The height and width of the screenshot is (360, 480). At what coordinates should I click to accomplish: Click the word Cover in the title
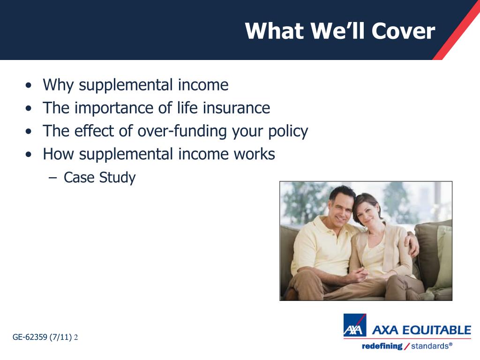coord(403,31)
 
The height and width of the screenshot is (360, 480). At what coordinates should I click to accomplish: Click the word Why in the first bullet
coord(58,85)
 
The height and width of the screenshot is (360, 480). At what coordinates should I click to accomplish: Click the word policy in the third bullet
coord(288,132)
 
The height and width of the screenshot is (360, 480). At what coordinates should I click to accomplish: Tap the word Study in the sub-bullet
coord(117,178)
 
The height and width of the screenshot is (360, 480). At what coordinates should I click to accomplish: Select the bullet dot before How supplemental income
coord(29,155)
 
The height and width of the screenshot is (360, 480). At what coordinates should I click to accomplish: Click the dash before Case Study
coord(52,178)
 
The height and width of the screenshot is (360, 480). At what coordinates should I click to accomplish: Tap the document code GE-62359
coord(30,337)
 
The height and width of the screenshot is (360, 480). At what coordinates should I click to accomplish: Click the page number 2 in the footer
coord(76,337)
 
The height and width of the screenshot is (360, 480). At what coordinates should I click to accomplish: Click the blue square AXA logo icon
coord(355,325)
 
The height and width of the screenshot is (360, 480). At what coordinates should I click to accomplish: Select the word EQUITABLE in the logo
coord(436,330)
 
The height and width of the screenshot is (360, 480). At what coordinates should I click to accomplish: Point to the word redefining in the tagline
coord(382,346)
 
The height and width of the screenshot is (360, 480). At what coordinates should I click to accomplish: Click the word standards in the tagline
coord(430,346)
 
